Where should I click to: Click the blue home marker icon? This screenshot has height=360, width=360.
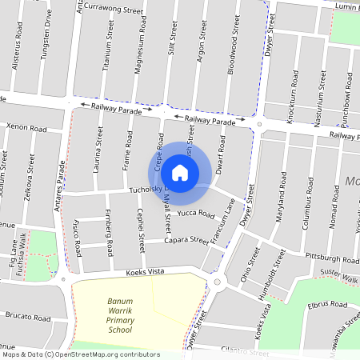pyautogui.click(x=180, y=172)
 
